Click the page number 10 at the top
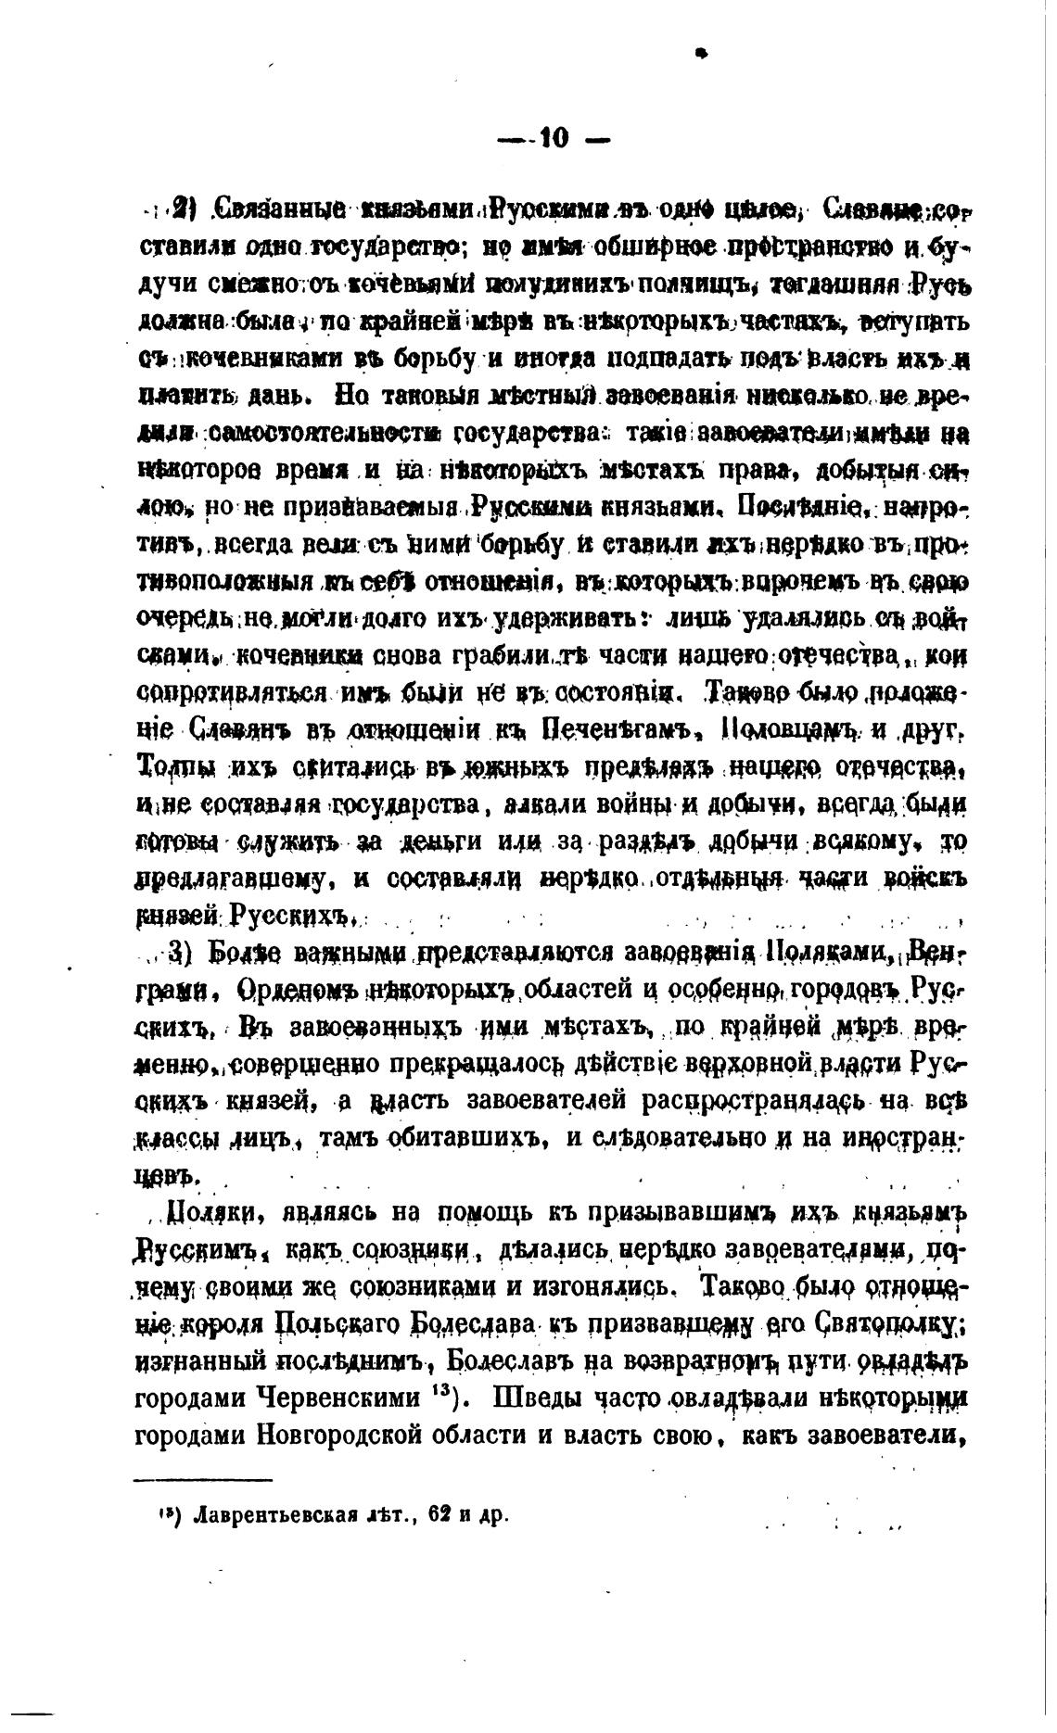click(553, 140)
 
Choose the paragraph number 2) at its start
click(182, 209)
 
